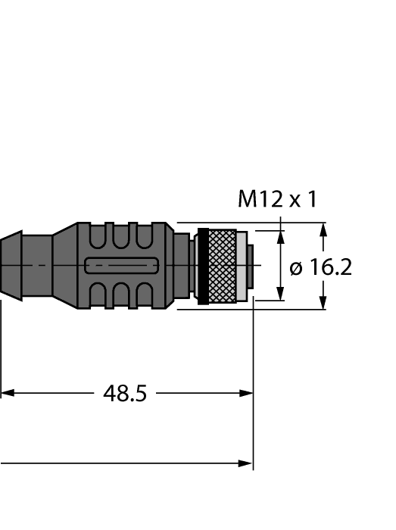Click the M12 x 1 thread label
coord(277,199)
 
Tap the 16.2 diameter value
coord(330,267)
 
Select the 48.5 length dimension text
coord(124,394)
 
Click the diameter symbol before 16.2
coord(297,268)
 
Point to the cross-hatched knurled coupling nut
coord(221,266)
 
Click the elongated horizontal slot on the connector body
coord(121,266)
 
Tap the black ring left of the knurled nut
coord(201,266)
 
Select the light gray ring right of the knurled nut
coord(242,266)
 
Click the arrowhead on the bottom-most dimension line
coord(246,463)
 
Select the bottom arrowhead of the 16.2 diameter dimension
coord(323,303)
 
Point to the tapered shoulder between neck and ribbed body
coord(64,266)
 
